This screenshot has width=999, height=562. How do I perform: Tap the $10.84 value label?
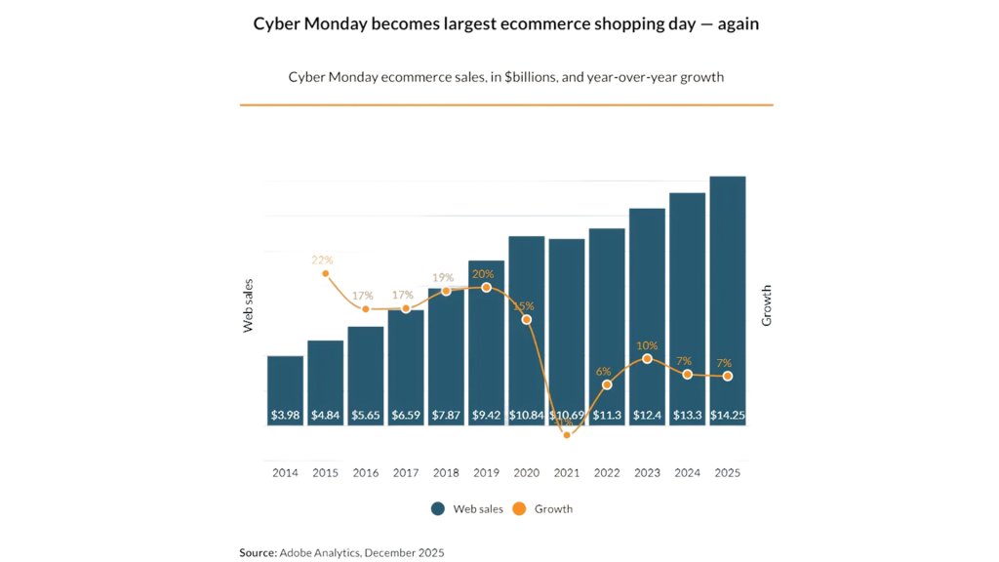pyautogui.click(x=526, y=416)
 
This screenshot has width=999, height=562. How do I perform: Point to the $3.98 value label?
pyautogui.click(x=285, y=416)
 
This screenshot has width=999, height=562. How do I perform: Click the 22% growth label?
pyautogui.click(x=322, y=261)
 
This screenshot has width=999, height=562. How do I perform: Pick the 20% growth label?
pyautogui.click(x=484, y=273)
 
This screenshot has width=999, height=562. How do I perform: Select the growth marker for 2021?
pyautogui.click(x=567, y=435)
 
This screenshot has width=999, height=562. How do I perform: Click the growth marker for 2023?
pyautogui.click(x=647, y=359)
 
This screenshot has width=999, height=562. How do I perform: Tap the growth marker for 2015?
pyautogui.click(x=325, y=274)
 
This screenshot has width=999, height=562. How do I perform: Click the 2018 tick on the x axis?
pyautogui.click(x=446, y=473)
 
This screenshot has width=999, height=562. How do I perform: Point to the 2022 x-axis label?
pyautogui.click(x=607, y=473)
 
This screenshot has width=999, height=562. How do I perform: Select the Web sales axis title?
pyautogui.click(x=249, y=305)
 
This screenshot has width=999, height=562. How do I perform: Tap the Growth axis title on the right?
pyautogui.click(x=767, y=305)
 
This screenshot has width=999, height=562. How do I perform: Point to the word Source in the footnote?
pyautogui.click(x=258, y=552)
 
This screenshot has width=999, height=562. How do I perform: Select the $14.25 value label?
pyautogui.click(x=727, y=416)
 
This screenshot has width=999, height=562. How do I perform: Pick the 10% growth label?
pyautogui.click(x=647, y=345)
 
